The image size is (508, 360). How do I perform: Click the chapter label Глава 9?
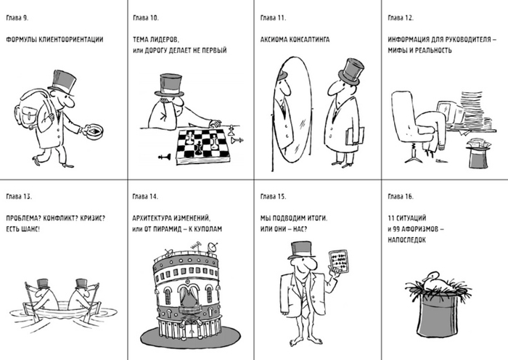click(17, 18)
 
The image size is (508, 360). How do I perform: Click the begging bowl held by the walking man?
click(93, 130)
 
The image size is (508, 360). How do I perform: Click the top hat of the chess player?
click(170, 86)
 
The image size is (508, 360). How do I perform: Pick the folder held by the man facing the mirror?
click(354, 136)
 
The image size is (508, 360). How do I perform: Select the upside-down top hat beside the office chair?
click(478, 153)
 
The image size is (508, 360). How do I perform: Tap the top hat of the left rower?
click(42, 284)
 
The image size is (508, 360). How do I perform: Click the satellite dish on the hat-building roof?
click(212, 247)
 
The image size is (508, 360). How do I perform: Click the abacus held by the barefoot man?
click(339, 262)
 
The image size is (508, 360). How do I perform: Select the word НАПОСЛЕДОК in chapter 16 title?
click(406, 240)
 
